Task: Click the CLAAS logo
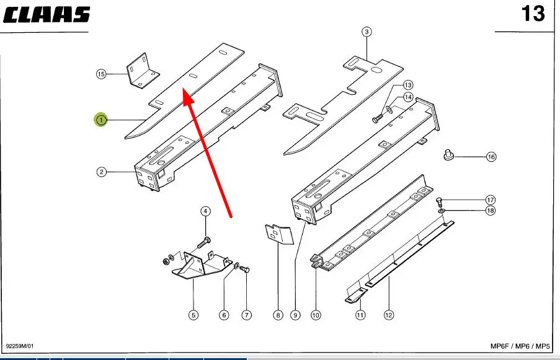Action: pos(46,15)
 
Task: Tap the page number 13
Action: pos(533,14)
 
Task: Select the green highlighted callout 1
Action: pos(101,120)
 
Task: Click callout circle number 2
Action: pos(102,172)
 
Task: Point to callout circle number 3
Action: pos(367,32)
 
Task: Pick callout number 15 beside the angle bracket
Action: pos(101,74)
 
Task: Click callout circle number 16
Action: pos(491,157)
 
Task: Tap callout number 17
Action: pos(491,200)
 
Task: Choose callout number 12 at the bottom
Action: pos(389,315)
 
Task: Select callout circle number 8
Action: pos(278,315)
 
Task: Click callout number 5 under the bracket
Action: pos(193,315)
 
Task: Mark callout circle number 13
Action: pos(408,85)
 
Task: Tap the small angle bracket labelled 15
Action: pos(143,71)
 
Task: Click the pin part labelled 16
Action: pos(448,155)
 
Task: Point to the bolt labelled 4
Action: pos(204,244)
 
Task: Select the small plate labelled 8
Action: pos(279,234)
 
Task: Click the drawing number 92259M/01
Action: pos(20,346)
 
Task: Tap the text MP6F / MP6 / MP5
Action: pos(520,346)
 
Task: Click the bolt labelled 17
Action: pos(440,202)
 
